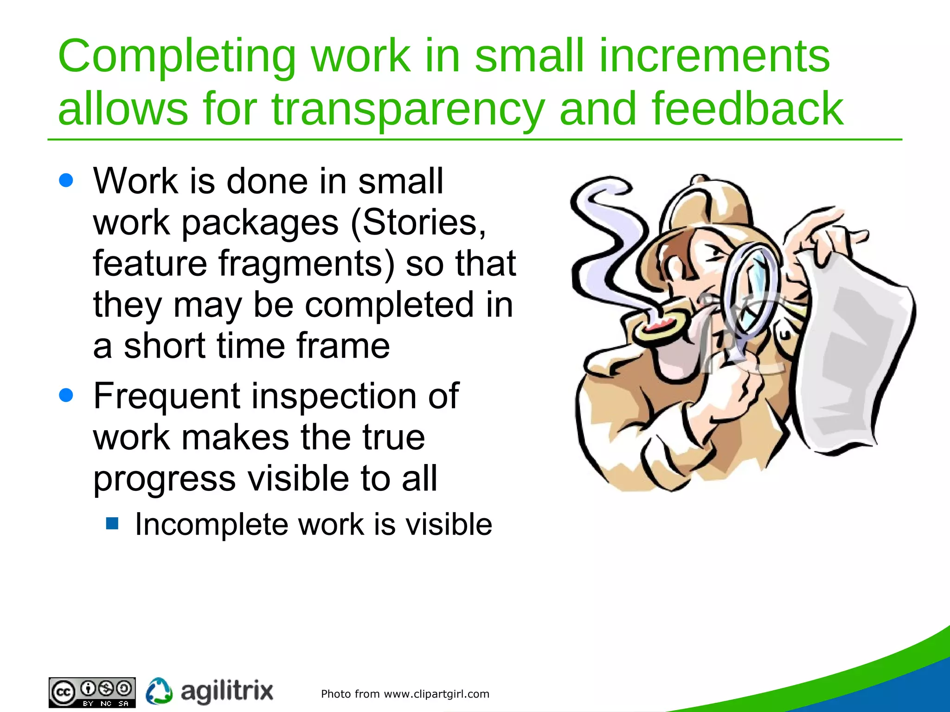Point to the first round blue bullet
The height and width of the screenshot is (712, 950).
coord(66,180)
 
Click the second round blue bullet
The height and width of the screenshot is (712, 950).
coord(66,395)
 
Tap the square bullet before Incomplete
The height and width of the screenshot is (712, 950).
coord(112,524)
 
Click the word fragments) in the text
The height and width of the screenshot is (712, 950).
coord(306,263)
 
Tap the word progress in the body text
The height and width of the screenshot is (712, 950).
coord(164,479)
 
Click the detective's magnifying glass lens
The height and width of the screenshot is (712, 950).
coord(754,287)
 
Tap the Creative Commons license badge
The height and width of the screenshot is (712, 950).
coord(92,693)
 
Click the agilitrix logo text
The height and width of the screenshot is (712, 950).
coord(226,692)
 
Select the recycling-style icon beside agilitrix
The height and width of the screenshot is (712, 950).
coord(159,691)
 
